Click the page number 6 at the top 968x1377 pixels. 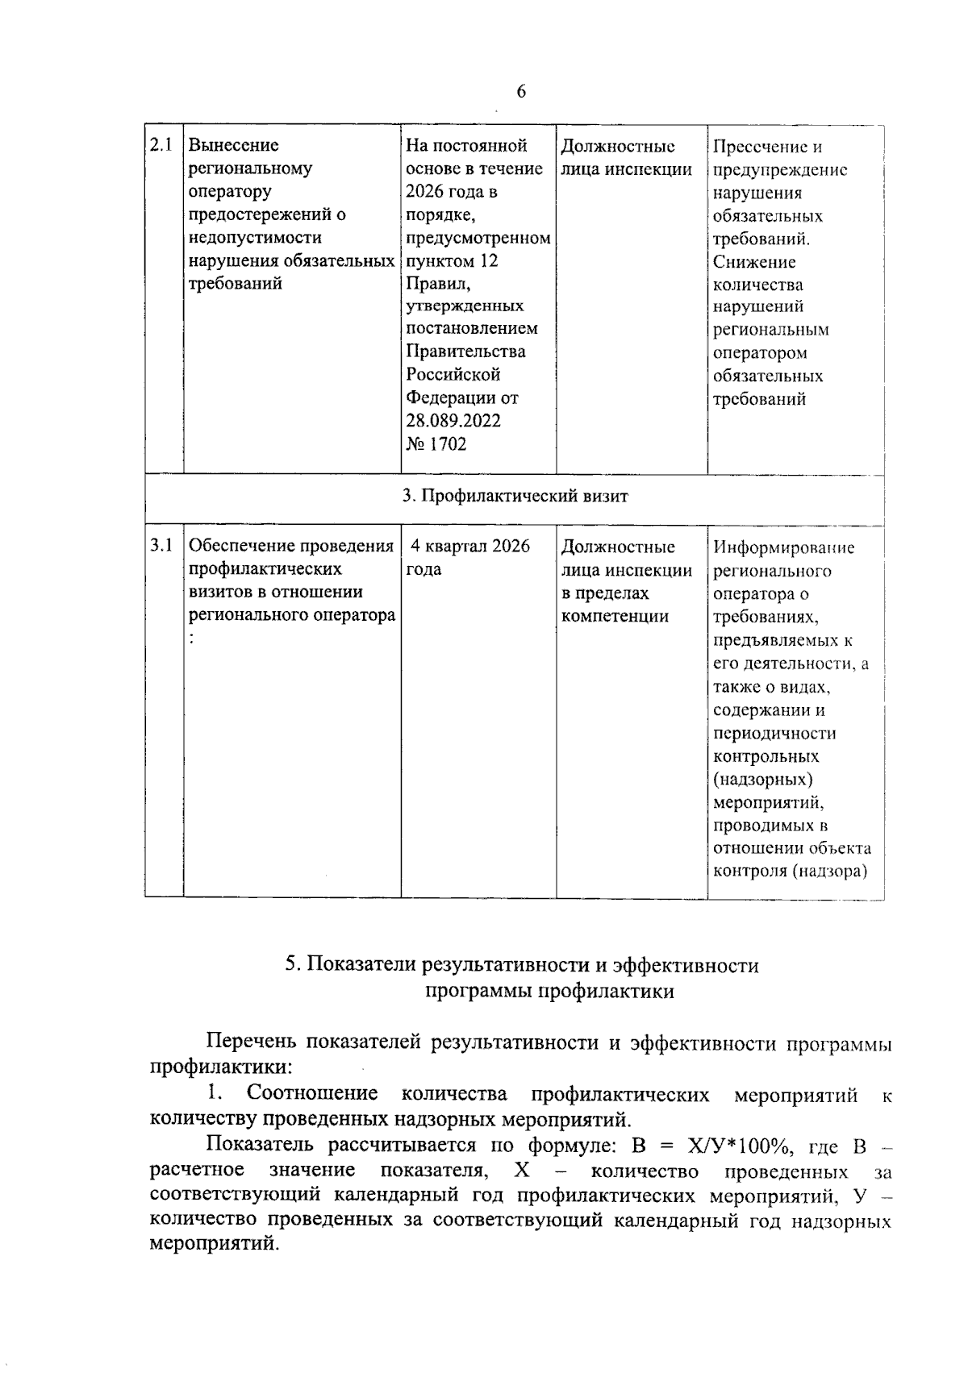point(521,92)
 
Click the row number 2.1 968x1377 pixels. point(162,146)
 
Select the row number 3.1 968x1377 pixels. point(162,547)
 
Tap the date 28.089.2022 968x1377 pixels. point(453,422)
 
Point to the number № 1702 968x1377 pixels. point(436,444)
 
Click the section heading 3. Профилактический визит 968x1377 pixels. point(515,497)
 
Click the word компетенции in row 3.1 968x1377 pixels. point(615,617)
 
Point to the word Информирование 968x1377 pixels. point(783,548)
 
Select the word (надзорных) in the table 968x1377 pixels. point(762,780)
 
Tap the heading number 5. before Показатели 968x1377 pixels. point(293,966)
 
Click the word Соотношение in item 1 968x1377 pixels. point(312,1094)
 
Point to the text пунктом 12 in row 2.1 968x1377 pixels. point(452,261)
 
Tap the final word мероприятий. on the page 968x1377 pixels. point(215,1244)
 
